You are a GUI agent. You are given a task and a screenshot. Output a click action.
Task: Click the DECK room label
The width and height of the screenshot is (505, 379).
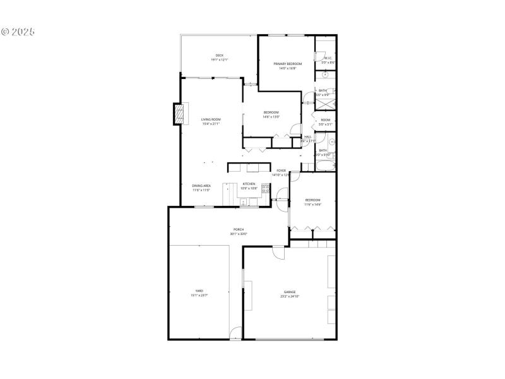[220, 55]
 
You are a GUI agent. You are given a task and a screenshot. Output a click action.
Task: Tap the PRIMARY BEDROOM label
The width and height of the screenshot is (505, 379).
[287, 64]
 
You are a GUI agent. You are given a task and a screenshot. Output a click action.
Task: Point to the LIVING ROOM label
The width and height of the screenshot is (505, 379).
[211, 119]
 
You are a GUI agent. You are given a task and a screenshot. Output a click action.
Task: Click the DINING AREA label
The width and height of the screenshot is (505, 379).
[202, 185]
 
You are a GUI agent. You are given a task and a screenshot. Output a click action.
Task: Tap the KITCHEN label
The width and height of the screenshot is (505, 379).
[249, 184]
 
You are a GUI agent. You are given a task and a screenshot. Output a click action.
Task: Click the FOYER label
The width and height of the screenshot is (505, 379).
[281, 171]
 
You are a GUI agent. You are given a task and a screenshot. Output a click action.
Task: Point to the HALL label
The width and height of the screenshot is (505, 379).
[308, 136]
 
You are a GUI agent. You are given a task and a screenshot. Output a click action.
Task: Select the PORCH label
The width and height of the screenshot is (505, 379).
[239, 229]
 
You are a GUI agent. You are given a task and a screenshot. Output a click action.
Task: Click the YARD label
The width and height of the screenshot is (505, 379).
[199, 291]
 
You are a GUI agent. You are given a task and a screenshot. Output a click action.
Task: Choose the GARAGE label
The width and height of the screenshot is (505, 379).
[290, 292]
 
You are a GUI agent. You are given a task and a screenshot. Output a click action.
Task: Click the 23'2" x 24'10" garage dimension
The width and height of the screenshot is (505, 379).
[290, 296]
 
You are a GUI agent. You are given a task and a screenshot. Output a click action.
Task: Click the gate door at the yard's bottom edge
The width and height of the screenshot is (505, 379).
[235, 333]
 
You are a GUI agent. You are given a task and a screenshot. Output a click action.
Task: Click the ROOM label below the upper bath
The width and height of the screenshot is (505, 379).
[325, 120]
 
